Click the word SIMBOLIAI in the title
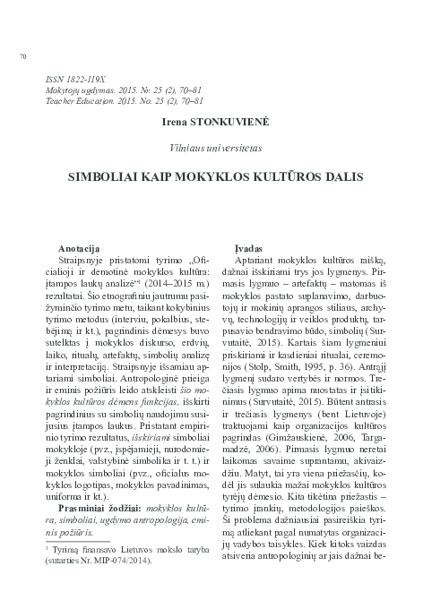(x=101, y=179)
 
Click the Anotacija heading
(x=78, y=245)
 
